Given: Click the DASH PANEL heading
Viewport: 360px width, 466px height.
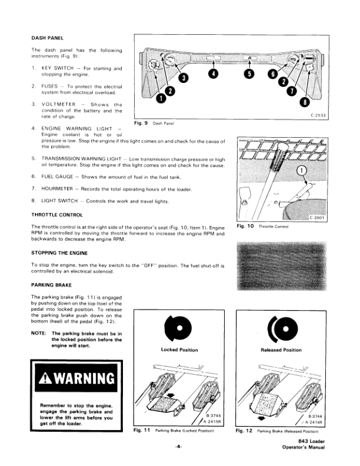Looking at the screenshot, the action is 47,38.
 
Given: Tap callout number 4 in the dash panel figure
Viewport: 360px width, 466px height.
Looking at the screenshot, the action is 214,74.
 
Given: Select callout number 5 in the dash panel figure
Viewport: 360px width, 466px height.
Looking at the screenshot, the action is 249,74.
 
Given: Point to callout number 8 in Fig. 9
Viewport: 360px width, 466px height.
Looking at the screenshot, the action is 305,102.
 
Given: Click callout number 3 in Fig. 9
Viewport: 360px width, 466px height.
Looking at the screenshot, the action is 184,78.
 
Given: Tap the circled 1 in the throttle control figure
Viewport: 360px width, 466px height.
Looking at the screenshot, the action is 302,170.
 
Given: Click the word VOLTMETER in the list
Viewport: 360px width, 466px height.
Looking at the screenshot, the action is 58,104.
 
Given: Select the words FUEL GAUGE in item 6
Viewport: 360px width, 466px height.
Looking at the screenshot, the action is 57,177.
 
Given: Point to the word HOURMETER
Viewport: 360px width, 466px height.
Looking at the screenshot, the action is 57,189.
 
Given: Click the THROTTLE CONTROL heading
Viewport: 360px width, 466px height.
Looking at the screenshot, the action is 57,215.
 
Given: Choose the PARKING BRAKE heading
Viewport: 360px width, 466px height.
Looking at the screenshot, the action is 51,285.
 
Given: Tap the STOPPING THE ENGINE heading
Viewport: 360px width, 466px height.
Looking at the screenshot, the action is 59,253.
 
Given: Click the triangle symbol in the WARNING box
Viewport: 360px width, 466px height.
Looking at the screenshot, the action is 45,378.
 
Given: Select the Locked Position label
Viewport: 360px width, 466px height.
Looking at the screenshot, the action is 179,350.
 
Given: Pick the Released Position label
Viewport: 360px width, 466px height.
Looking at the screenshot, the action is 281,350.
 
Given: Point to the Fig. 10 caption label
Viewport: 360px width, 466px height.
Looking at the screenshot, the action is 245,226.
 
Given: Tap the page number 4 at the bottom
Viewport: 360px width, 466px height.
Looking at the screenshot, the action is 178,447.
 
